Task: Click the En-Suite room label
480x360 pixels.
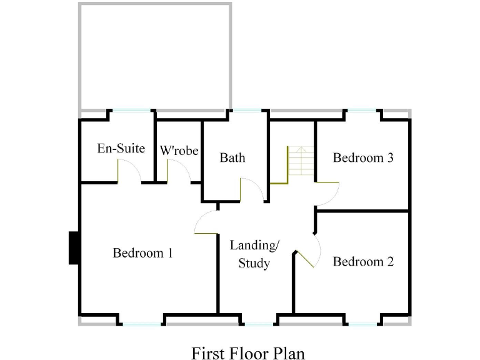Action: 121,149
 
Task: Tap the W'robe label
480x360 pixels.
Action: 179,151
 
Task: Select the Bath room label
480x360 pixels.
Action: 232,157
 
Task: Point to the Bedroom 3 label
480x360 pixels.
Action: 362,157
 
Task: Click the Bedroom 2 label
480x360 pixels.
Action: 362,261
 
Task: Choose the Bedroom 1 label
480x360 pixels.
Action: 142,253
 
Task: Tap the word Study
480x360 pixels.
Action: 254,263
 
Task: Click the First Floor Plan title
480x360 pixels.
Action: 248,353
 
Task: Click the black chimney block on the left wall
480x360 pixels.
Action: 74,247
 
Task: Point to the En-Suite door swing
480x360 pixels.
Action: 129,170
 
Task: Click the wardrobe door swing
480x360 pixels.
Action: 178,171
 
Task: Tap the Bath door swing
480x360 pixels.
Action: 251,189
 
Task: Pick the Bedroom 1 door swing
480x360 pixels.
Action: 206,222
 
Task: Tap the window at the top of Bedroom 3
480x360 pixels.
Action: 363,111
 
